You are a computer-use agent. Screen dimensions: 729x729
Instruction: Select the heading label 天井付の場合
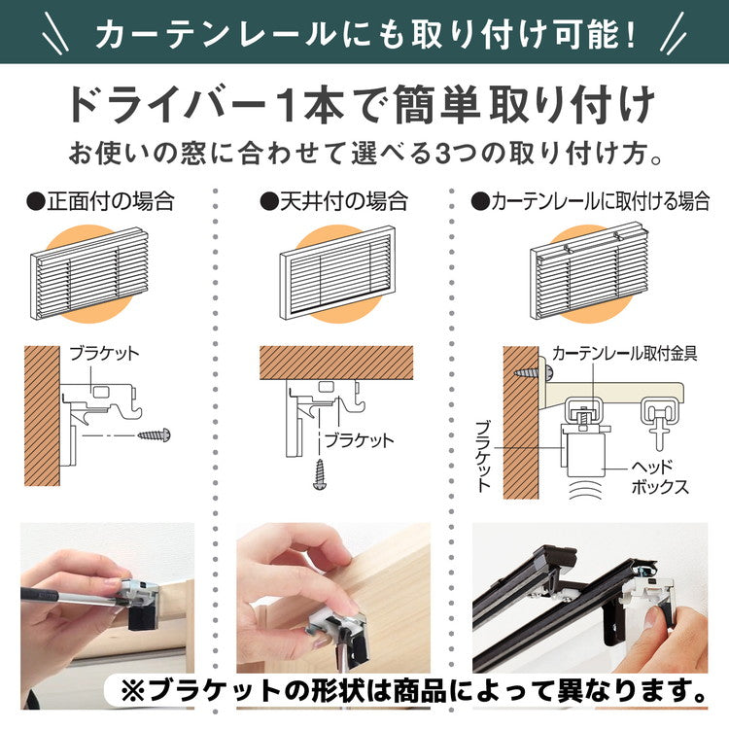click(333, 202)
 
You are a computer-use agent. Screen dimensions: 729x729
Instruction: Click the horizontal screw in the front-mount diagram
click(155, 434)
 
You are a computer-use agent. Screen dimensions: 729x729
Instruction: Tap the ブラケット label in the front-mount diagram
click(105, 354)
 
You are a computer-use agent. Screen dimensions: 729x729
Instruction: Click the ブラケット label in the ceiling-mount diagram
click(359, 440)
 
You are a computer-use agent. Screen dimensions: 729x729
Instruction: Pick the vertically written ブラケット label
click(484, 457)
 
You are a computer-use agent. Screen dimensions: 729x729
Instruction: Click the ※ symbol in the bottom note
click(132, 691)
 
